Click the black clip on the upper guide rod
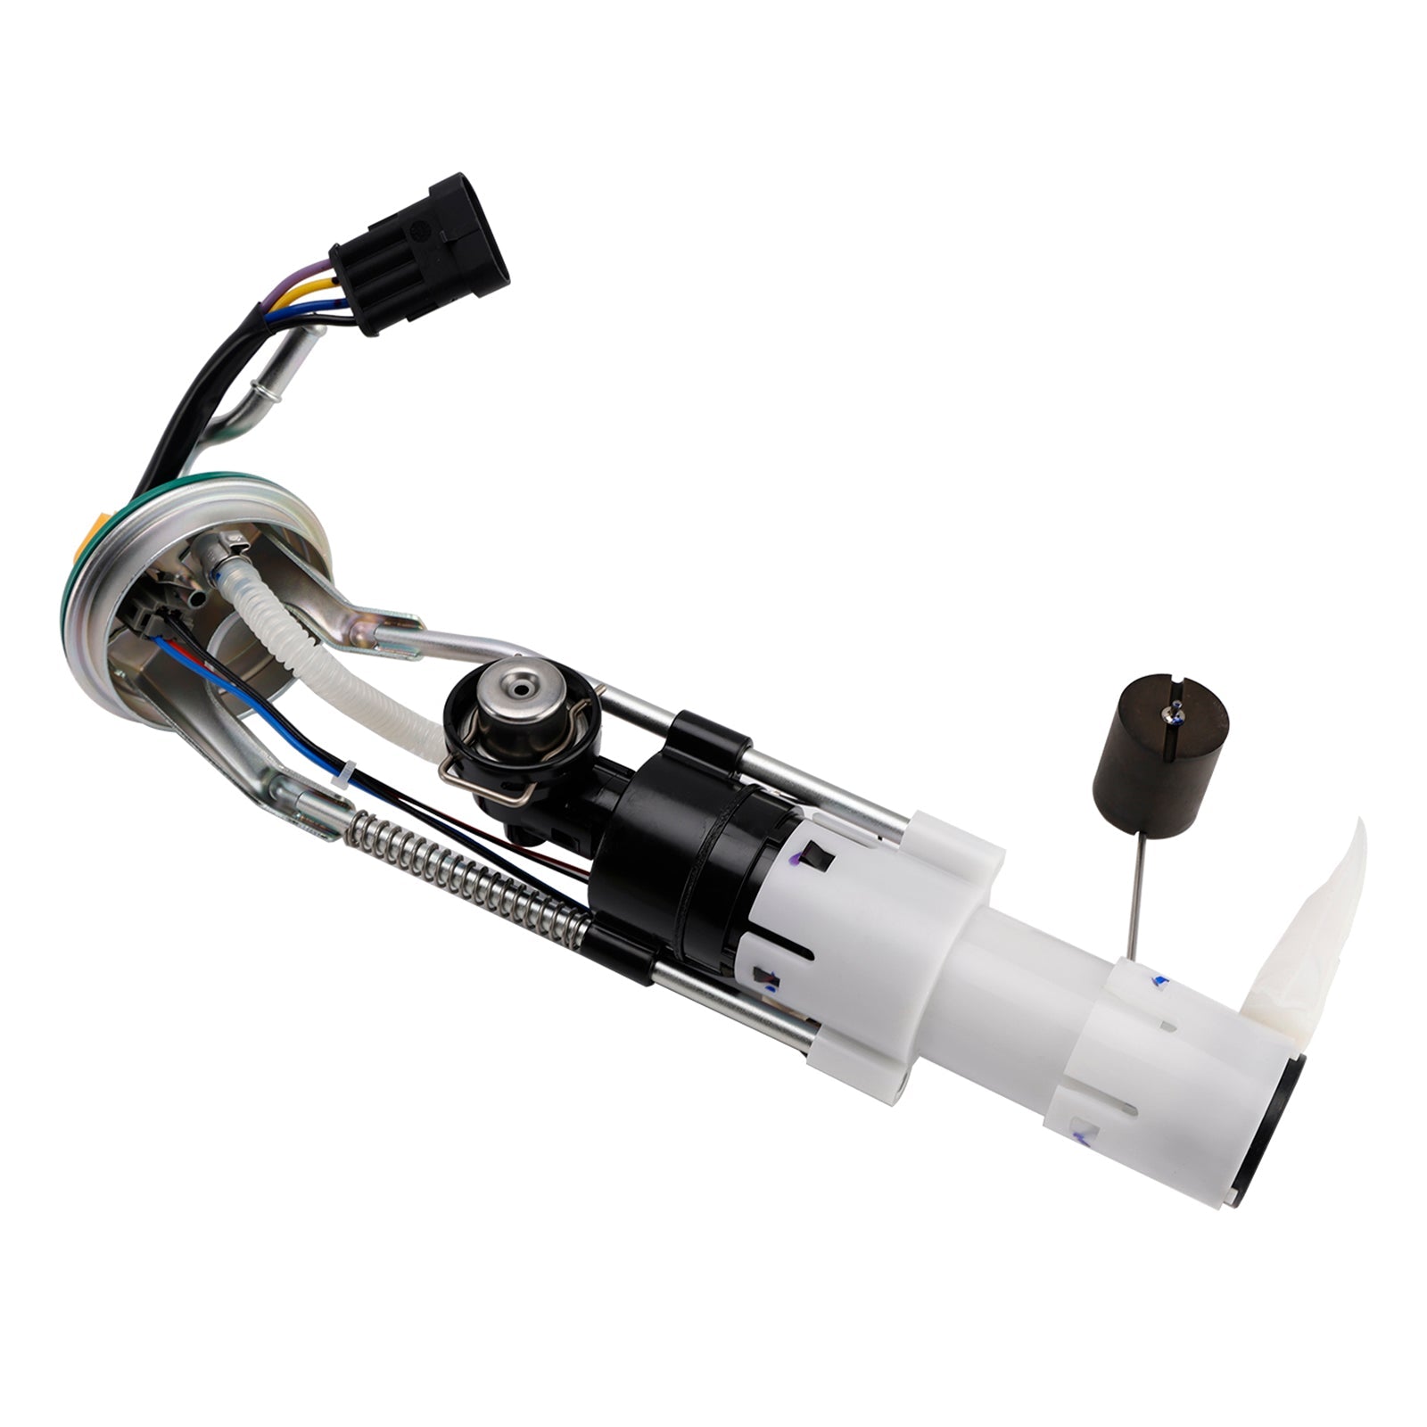(x=710, y=731)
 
